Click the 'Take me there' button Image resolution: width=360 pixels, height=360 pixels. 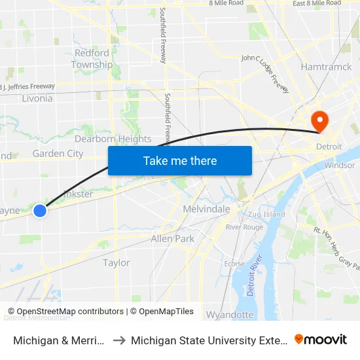click(180, 160)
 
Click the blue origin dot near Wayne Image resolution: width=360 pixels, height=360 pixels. click(40, 210)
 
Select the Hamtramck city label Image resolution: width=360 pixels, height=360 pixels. click(326, 67)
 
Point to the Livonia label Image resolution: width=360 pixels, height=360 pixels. click(36, 98)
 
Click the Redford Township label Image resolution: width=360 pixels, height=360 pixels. click(92, 59)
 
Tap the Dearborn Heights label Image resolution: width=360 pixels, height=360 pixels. click(113, 139)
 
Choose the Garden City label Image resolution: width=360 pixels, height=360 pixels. click(58, 154)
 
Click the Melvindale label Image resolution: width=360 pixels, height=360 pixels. click(206, 209)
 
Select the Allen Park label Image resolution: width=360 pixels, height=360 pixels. click(172, 239)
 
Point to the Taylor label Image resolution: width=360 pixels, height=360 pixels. click(117, 262)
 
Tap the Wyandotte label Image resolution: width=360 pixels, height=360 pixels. click(230, 315)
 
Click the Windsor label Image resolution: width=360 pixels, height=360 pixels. click(339, 165)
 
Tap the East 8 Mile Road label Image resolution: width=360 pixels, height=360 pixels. click(317, 3)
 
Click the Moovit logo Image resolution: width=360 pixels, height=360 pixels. click(320, 339)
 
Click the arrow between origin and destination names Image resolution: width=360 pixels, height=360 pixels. click(119, 340)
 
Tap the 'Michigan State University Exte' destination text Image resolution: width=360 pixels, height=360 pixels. click(208, 340)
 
